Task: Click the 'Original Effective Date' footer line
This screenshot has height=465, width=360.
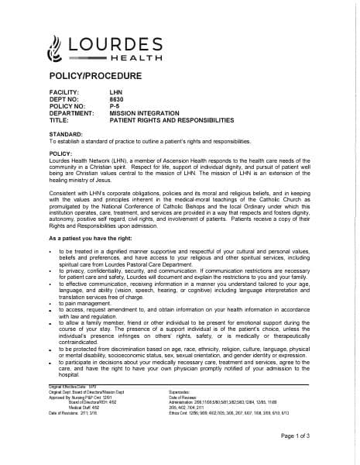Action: pyautogui.click(x=74, y=385)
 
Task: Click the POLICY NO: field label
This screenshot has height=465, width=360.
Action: pyautogui.click(x=67, y=106)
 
